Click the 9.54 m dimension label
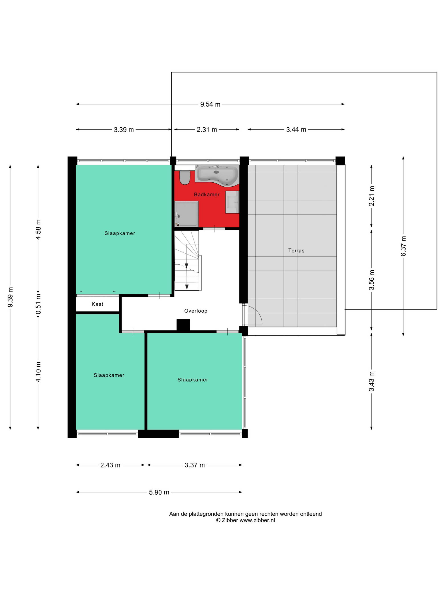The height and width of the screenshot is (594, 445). pyautogui.click(x=210, y=104)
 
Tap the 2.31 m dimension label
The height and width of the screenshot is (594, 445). pyautogui.click(x=206, y=129)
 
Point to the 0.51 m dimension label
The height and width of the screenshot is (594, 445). pyautogui.click(x=38, y=304)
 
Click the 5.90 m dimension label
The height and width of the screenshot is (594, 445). pyautogui.click(x=159, y=492)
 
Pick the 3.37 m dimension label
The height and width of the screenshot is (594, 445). pyautogui.click(x=194, y=465)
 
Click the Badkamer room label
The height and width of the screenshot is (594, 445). pyautogui.click(x=206, y=194)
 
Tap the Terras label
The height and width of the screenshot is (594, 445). pyautogui.click(x=296, y=251)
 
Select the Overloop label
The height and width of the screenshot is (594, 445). pyautogui.click(x=196, y=311)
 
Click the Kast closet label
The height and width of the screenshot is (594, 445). pyautogui.click(x=97, y=304)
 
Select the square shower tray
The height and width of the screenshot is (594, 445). pyautogui.click(x=186, y=214)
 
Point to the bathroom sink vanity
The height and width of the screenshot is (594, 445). pyautogui.click(x=232, y=202)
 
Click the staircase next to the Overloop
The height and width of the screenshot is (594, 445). pyautogui.click(x=188, y=261)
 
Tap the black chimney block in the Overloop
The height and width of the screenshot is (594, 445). pyautogui.click(x=183, y=325)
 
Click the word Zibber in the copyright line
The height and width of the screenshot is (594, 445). pyautogui.click(x=230, y=520)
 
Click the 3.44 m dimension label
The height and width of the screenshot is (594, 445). pyautogui.click(x=296, y=129)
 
